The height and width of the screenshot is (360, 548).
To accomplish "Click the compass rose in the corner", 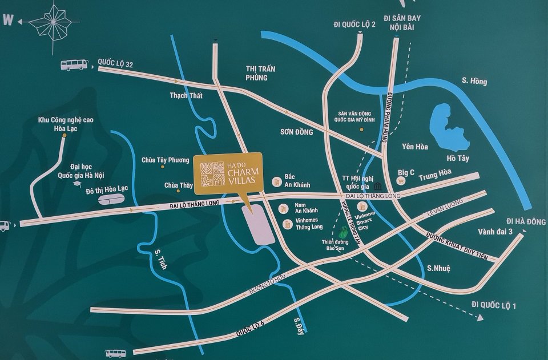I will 54,22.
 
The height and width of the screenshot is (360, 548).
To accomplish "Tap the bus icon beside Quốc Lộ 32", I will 74,65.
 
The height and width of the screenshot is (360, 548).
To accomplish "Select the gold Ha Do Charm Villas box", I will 228,172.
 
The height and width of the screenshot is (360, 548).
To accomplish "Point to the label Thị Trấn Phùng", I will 260,73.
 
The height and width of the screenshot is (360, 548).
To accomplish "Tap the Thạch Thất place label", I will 186,96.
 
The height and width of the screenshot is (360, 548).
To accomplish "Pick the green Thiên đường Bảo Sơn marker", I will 342,233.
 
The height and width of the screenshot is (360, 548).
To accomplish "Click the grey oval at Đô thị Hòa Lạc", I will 111,199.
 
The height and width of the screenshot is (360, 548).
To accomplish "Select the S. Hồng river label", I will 474,81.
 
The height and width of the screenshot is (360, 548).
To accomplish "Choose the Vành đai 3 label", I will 495,232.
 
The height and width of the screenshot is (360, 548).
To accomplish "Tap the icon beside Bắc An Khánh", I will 276,181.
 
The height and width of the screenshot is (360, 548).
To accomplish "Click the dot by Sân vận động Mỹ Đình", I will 361,130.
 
